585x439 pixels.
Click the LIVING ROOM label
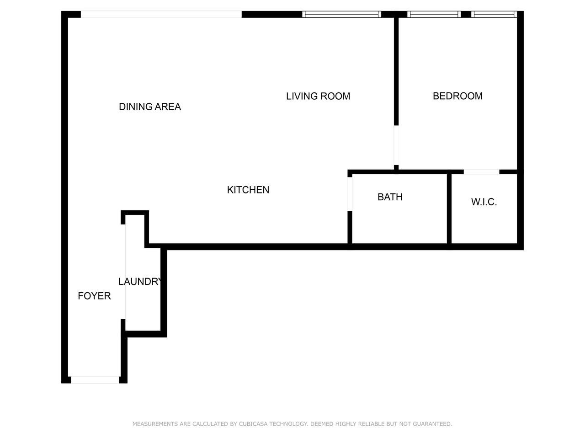(318, 96)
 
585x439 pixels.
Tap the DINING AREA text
(150, 107)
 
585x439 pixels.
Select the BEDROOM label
(457, 96)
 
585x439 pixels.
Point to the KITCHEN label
(248, 190)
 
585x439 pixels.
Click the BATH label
(390, 197)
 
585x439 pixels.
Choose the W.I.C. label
(484, 202)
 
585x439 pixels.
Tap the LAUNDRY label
(140, 282)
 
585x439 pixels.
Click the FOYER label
(94, 296)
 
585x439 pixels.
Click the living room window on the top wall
(341, 14)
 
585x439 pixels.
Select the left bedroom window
(434, 14)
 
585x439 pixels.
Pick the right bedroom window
(494, 14)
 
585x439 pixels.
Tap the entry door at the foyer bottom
(95, 380)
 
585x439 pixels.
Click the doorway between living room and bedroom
(396, 145)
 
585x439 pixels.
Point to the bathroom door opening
(350, 194)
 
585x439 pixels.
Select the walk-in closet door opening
(481, 172)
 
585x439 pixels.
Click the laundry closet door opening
(123, 272)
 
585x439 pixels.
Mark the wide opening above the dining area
(161, 14)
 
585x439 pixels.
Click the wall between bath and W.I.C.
(449, 209)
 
